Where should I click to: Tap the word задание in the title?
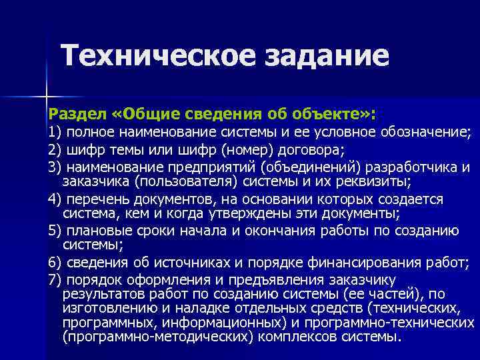click(328, 57)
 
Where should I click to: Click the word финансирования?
click(353, 263)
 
